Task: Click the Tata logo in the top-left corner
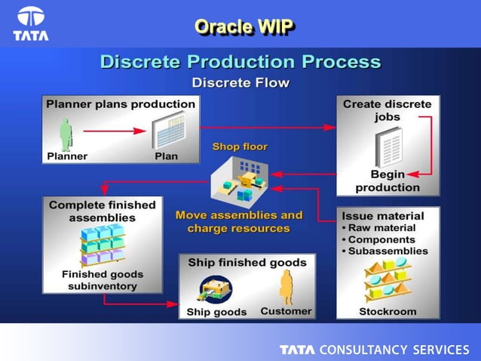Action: tap(31, 23)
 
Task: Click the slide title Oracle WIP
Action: tap(243, 26)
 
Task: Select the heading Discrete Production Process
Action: tap(240, 61)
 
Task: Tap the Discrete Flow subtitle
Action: tap(240, 82)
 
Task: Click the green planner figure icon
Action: tap(66, 134)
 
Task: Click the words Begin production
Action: tap(388, 180)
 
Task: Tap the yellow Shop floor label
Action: tap(240, 146)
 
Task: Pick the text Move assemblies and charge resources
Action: tap(239, 221)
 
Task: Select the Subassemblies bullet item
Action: tap(387, 251)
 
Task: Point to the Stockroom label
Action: tap(388, 310)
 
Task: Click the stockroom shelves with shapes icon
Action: tap(388, 280)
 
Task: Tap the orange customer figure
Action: tap(286, 287)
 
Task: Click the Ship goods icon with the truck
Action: tap(215, 288)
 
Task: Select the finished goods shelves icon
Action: tap(101, 245)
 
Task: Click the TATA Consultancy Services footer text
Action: tap(374, 350)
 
